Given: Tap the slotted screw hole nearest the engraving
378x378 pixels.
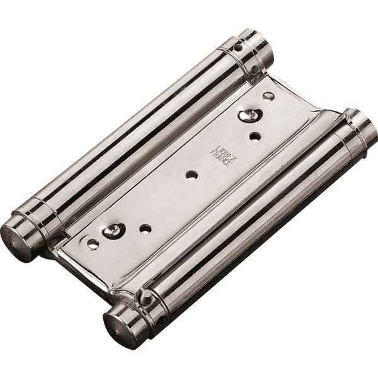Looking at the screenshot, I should (x=250, y=115).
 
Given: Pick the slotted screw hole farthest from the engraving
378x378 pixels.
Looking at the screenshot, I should (x=114, y=231).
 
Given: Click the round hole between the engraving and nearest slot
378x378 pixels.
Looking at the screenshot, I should (x=255, y=135).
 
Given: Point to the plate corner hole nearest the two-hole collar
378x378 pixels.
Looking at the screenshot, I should (x=268, y=96).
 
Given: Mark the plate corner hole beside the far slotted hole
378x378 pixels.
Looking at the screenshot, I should (x=93, y=243).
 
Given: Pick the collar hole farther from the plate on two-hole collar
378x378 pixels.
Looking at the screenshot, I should (x=239, y=47).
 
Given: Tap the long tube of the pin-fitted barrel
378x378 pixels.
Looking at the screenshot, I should (x=252, y=214).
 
